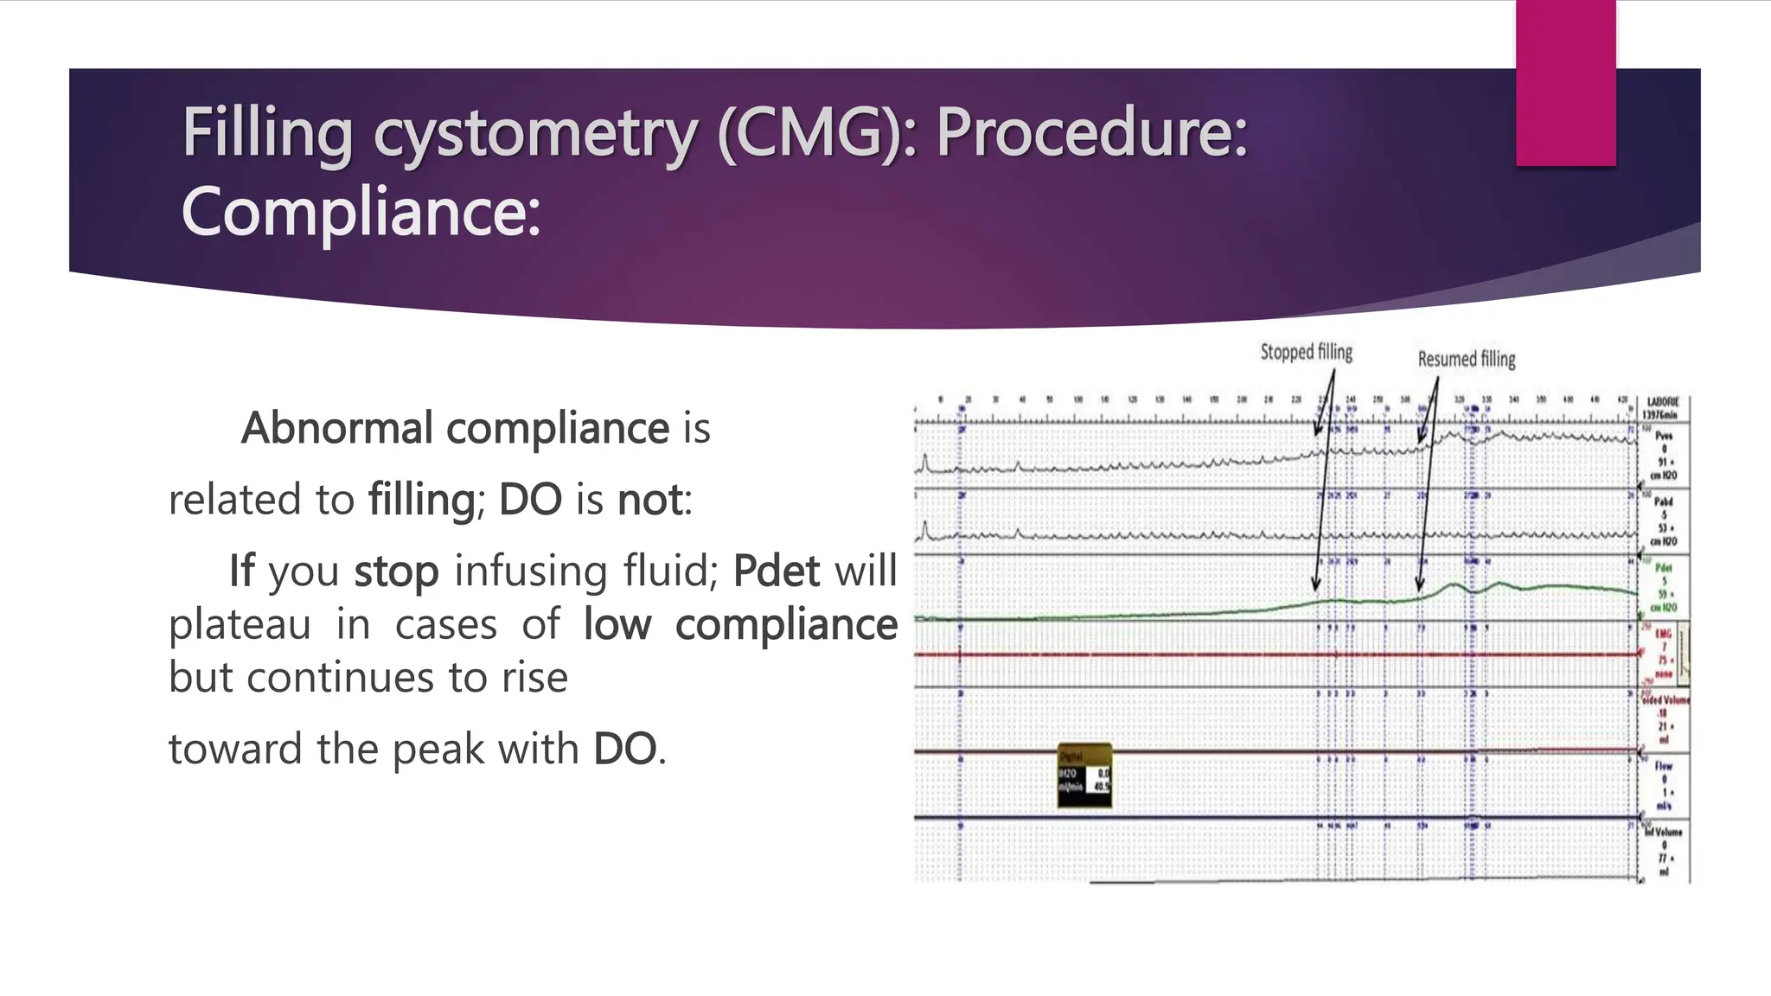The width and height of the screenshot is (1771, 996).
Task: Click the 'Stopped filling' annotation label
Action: pos(1306,352)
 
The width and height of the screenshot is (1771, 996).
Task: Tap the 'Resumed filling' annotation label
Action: pos(1467,359)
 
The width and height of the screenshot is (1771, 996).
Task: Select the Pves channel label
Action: pos(1664,437)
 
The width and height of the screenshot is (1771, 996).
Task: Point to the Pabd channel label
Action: pos(1663,501)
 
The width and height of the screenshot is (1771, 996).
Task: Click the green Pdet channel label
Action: pos(1664,568)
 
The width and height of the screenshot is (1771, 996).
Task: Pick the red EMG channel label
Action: pos(1663,635)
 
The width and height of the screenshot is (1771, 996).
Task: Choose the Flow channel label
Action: pos(1663,766)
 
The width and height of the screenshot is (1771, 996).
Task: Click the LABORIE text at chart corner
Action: pos(1663,402)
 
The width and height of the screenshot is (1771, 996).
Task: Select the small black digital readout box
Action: pos(1084,776)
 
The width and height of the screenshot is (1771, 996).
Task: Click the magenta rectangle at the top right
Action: pos(1565,83)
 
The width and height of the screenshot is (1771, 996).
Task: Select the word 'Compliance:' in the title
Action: pos(361,213)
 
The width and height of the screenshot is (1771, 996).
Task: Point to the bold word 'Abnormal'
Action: pos(337,428)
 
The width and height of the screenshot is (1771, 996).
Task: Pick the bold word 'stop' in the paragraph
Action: pos(396,571)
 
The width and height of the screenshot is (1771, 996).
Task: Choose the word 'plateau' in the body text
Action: pos(240,624)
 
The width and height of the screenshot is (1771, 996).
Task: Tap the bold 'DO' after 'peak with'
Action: pos(624,749)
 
